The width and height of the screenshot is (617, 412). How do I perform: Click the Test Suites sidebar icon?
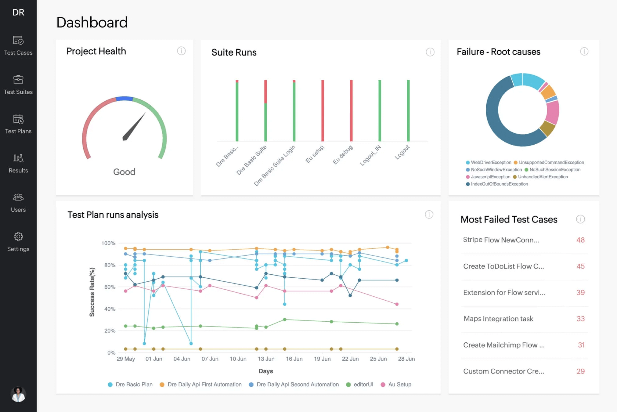[18, 80]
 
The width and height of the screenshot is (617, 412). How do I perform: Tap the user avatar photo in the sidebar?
[18, 394]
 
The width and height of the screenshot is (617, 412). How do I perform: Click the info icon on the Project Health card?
[181, 51]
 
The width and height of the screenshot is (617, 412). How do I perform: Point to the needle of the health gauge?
[134, 127]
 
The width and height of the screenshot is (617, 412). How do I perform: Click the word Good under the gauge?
[124, 172]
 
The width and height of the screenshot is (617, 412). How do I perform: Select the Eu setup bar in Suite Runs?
[323, 110]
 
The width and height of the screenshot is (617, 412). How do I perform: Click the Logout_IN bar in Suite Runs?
[380, 110]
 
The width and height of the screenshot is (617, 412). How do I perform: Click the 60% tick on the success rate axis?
[110, 287]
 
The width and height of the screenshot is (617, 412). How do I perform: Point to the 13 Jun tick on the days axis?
[266, 359]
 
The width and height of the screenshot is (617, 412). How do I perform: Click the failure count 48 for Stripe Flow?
[580, 240]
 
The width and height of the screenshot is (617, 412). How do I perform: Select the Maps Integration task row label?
[498, 319]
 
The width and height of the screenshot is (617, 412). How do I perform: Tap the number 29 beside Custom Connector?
[580, 371]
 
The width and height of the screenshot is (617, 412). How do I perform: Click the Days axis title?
[265, 371]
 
